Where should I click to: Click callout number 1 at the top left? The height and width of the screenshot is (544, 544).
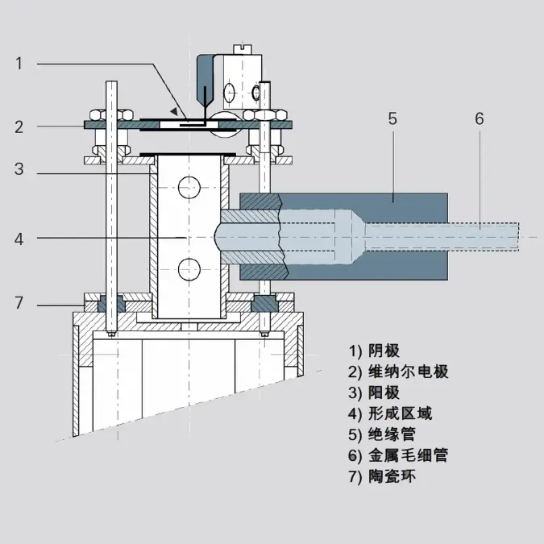pyautogui.click(x=19, y=64)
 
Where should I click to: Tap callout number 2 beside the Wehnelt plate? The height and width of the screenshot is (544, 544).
pyautogui.click(x=19, y=127)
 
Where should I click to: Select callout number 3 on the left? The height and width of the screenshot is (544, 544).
pyautogui.click(x=19, y=169)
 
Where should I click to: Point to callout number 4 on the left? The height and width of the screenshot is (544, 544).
pyautogui.click(x=19, y=239)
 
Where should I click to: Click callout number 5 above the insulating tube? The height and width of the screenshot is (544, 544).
pyautogui.click(x=392, y=118)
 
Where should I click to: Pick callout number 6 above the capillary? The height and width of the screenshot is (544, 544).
pyautogui.click(x=479, y=118)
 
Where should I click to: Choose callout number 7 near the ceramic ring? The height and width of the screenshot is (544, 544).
pyautogui.click(x=19, y=302)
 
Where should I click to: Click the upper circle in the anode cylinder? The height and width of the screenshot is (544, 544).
pyautogui.click(x=189, y=187)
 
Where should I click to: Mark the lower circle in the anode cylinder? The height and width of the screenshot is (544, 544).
pyautogui.click(x=189, y=269)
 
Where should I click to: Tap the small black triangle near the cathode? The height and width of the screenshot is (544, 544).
pyautogui.click(x=174, y=111)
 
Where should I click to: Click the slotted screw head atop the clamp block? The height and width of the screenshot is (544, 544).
pyautogui.click(x=242, y=49)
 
